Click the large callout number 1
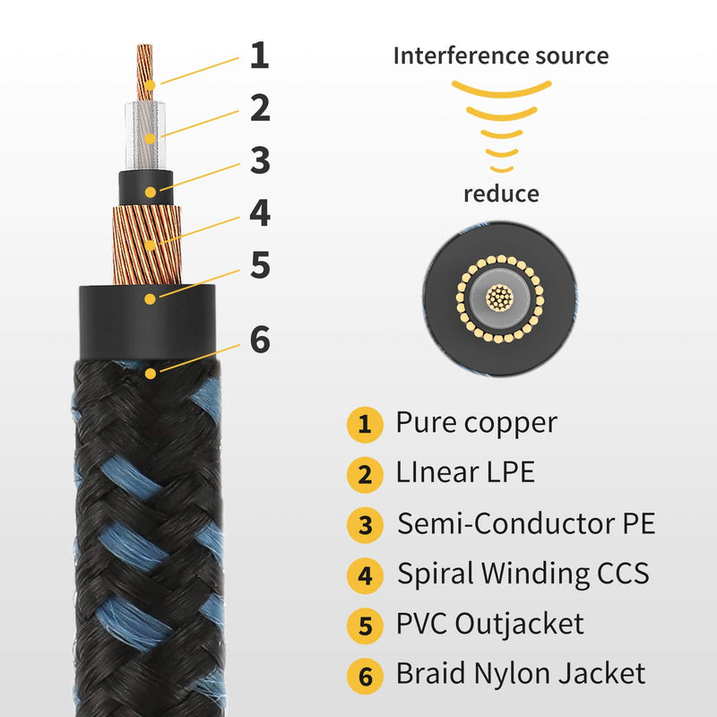260,56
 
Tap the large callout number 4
260,212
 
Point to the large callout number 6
260,340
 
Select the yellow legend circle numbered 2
365,475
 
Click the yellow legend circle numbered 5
365,626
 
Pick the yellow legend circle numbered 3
365,525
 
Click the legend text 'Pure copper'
477,423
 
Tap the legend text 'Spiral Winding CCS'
523,574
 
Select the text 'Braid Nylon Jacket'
521,674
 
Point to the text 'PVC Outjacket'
489,624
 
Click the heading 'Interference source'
501,56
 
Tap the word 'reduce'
501,194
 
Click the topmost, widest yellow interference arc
502,91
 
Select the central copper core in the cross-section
500,298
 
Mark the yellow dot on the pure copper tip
150,85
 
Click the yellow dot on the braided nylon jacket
151,374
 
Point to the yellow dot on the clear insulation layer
150,139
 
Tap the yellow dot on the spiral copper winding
150,246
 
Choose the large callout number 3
260,160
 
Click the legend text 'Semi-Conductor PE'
526,523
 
